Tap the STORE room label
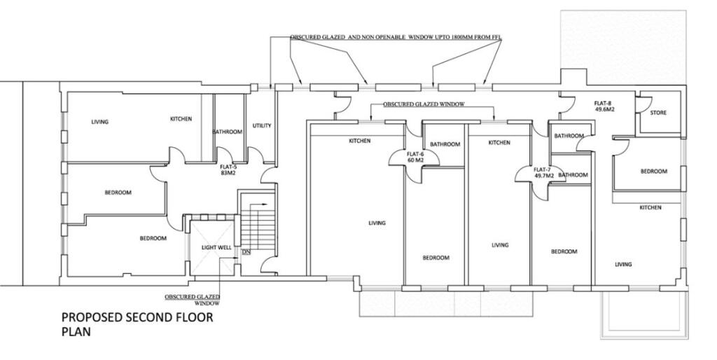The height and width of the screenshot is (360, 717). pos(657,113)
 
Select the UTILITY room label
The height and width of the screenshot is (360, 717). pos(262,126)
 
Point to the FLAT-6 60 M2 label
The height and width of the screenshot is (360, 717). pos(415,157)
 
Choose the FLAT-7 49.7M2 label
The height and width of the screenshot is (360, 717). pos(544,172)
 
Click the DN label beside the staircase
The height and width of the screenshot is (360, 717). pos(246,251)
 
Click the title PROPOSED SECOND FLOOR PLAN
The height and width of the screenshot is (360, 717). pos(137,324)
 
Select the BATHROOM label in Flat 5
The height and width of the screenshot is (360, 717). pos(228,132)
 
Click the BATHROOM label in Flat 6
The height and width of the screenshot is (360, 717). pos(445,144)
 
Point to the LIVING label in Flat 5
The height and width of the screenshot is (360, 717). pos(100,122)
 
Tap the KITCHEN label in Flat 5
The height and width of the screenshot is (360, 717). pos(181,119)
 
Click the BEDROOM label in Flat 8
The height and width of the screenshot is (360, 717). pos(653,171)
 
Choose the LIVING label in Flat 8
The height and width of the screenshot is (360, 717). pos(623,264)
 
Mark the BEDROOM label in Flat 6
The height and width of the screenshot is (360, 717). pos(436,258)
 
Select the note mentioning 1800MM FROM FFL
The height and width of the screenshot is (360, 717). pos(396,37)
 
